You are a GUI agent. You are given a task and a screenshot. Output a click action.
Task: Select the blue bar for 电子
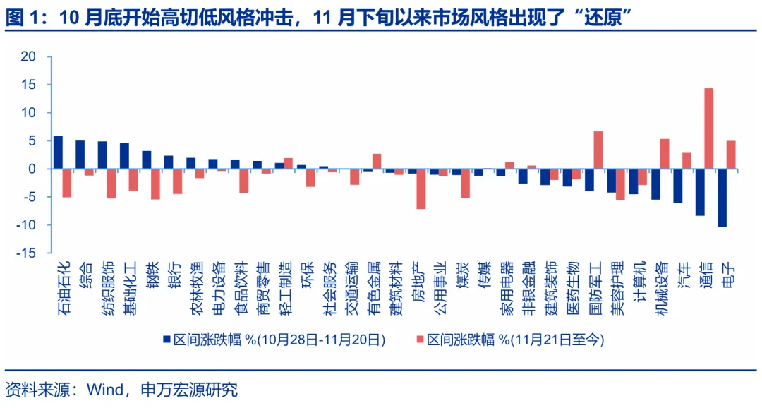[722, 198]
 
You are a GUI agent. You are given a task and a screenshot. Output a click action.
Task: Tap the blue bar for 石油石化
[58, 152]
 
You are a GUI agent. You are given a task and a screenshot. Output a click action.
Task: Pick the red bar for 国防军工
[598, 150]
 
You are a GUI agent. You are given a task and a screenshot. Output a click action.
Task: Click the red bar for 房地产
[421, 188]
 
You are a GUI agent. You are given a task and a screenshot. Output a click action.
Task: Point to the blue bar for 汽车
[677, 186]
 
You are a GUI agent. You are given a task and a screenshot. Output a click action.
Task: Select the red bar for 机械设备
[664, 154]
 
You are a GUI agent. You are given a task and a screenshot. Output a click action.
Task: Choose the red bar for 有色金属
[377, 162]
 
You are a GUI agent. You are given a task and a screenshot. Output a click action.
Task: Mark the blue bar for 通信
[700, 192]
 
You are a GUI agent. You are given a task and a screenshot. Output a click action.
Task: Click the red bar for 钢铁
[155, 184]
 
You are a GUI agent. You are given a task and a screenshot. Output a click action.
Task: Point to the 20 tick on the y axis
[28, 56]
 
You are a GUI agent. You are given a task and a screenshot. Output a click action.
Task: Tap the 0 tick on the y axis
[32, 169]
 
